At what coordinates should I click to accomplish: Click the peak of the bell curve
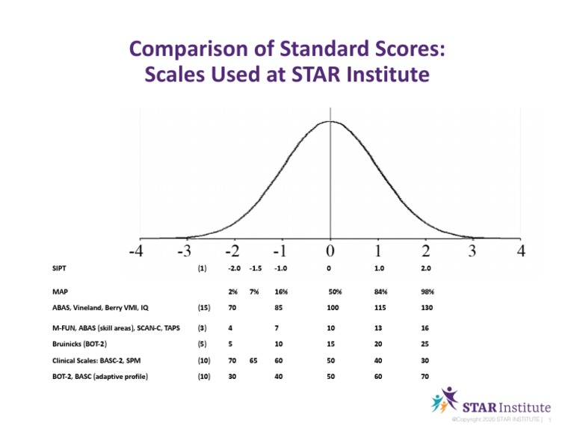(330, 121)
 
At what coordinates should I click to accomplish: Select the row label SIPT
(51, 268)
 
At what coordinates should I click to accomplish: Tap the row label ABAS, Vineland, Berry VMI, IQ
(90, 307)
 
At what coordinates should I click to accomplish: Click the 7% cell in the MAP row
(253, 292)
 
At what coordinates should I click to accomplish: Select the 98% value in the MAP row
(427, 292)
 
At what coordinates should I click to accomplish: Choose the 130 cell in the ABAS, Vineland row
(427, 307)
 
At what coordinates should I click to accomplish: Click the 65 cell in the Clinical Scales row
(253, 360)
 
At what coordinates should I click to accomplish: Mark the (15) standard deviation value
(203, 307)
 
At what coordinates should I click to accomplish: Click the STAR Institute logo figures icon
(444, 401)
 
